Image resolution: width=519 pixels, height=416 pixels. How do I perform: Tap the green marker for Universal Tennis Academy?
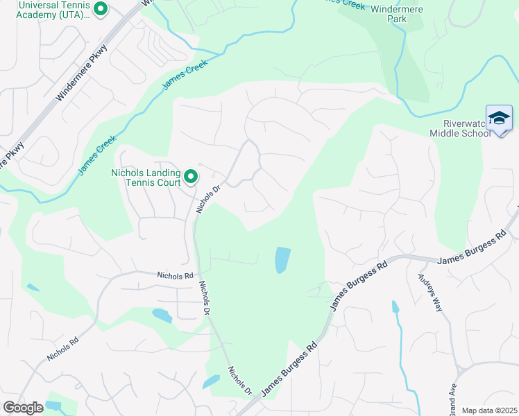(101, 10)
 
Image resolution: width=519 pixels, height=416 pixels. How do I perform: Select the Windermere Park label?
(397, 13)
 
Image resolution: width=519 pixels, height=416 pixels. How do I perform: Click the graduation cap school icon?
(499, 118)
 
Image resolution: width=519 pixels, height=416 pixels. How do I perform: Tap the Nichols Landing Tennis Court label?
(146, 177)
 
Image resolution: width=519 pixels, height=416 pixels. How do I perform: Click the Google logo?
(23, 408)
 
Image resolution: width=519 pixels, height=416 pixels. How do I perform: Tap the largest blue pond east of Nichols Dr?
(282, 260)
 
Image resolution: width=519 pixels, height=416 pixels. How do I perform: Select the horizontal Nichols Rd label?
(175, 275)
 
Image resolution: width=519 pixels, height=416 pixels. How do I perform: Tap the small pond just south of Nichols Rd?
(162, 315)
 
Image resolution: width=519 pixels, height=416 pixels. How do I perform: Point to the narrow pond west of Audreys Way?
(395, 307)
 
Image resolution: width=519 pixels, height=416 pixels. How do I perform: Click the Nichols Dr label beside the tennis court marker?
(207, 198)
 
